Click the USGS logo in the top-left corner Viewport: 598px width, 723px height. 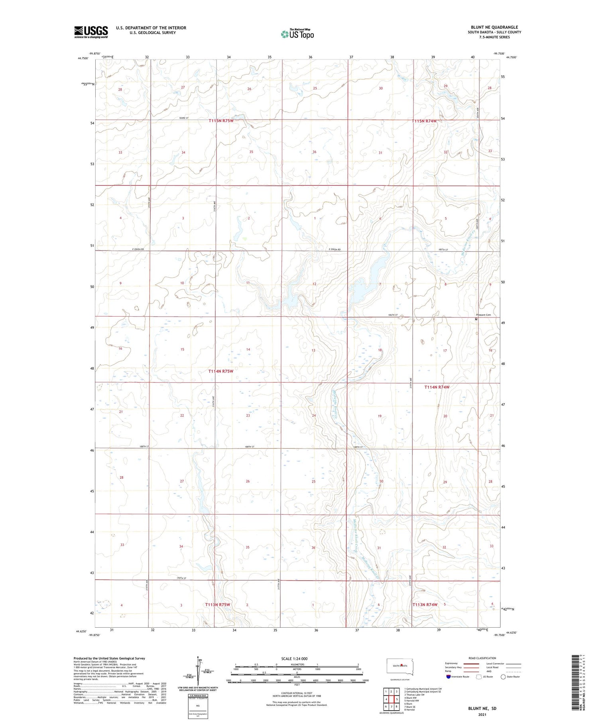[x=91, y=32]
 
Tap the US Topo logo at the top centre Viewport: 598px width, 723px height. [x=297, y=34]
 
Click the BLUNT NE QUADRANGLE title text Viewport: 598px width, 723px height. [x=494, y=28]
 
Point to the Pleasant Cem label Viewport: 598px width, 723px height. [x=483, y=315]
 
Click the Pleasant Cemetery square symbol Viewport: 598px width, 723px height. [x=476, y=319]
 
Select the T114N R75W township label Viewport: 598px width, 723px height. [x=220, y=371]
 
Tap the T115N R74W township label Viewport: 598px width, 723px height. [x=424, y=121]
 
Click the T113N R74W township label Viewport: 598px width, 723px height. [x=425, y=605]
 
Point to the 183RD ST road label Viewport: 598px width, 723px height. [x=183, y=118]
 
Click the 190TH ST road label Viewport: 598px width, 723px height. [x=181, y=578]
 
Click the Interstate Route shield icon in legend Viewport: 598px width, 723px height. [x=448, y=677]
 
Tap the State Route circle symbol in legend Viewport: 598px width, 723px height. [x=503, y=677]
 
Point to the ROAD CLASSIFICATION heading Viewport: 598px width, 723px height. [x=482, y=658]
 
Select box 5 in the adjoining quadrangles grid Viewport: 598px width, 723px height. [x=397, y=699]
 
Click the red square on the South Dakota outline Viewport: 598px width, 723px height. [x=402, y=664]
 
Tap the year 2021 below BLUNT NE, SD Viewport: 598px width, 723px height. [x=482, y=715]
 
